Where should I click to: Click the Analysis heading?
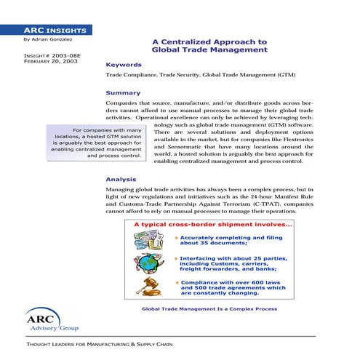point(121,178)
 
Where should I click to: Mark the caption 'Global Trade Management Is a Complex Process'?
point(209,308)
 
